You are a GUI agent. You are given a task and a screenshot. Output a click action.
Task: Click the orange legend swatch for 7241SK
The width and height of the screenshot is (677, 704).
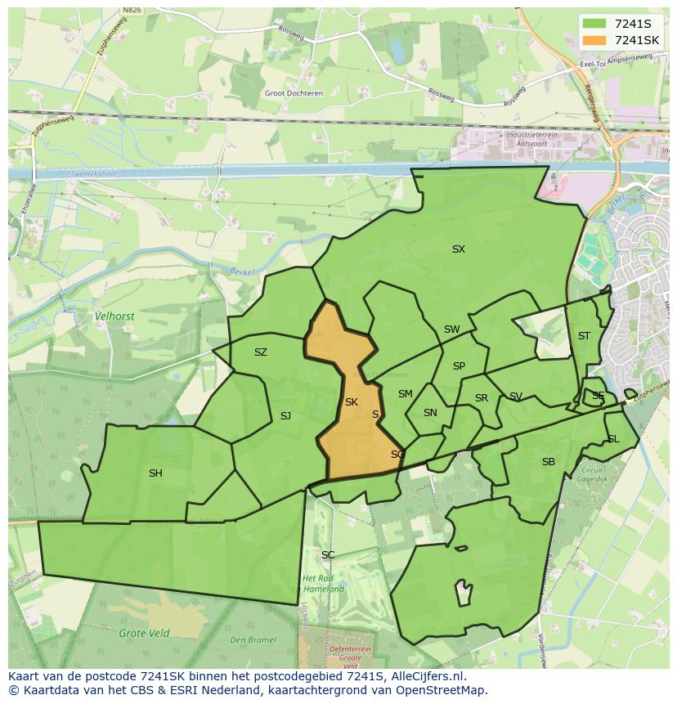(x=594, y=40)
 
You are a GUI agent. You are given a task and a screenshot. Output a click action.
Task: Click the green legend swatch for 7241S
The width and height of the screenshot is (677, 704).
(x=594, y=24)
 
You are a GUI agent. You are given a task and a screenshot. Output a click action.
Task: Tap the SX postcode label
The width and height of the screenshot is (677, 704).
(x=459, y=249)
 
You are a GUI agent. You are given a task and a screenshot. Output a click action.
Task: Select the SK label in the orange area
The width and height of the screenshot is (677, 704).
(x=352, y=402)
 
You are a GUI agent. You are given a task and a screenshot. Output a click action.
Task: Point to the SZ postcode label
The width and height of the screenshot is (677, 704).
(x=261, y=352)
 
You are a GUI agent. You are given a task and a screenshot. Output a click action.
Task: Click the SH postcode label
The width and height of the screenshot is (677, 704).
(x=155, y=473)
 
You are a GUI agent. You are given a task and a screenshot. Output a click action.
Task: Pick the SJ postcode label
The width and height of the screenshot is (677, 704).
(x=285, y=416)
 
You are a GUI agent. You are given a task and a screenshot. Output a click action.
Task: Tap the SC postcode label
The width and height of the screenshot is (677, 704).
(x=328, y=555)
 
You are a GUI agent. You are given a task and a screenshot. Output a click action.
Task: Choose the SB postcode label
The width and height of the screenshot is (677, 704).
(x=549, y=462)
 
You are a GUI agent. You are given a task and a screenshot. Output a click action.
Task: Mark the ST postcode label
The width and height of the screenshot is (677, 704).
(x=584, y=336)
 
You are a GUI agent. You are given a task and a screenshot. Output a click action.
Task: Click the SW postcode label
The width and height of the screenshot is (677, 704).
(x=451, y=330)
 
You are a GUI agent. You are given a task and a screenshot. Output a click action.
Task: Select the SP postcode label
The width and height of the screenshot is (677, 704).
(x=459, y=366)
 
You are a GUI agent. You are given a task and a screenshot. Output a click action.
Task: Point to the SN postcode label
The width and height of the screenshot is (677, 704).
(x=430, y=413)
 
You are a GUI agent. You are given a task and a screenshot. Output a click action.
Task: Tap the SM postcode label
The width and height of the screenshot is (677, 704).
(x=406, y=394)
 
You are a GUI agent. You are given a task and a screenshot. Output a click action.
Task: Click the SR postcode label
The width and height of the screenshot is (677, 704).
(x=482, y=398)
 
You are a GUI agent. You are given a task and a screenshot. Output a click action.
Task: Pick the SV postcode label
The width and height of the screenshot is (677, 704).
(x=516, y=397)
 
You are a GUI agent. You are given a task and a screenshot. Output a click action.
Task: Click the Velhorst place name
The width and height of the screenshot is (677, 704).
(x=114, y=316)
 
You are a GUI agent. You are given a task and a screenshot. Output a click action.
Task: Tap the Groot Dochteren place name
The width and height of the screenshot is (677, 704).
(x=294, y=93)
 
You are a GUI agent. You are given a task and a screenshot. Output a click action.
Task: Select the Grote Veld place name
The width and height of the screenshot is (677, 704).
(x=144, y=633)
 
